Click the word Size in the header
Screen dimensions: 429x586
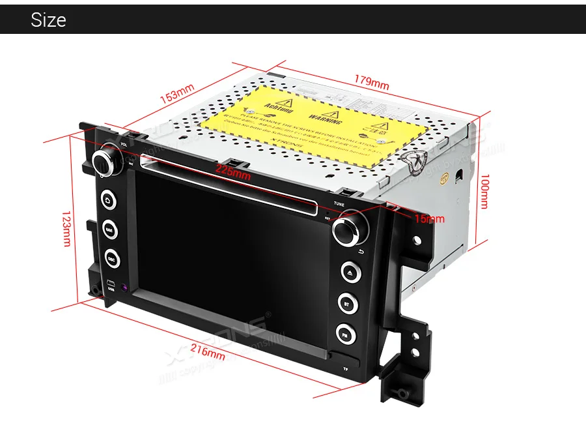point(48,20)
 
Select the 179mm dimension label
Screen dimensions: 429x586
point(371,83)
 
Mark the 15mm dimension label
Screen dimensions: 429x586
point(429,218)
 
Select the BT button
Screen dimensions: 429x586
point(346,303)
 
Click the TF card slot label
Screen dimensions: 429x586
point(346,370)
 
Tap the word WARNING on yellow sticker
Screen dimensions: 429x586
point(324,119)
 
